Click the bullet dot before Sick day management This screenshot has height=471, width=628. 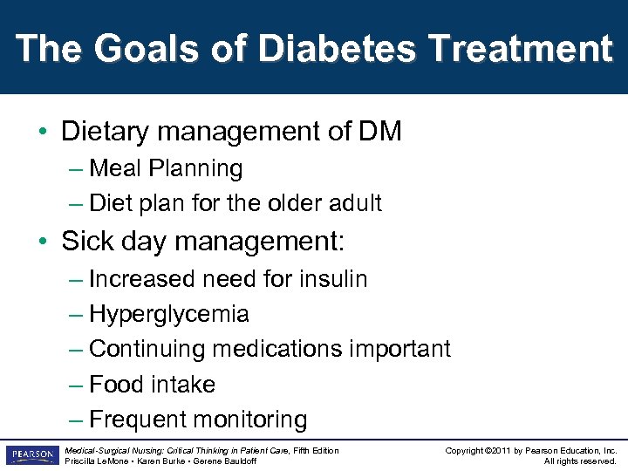pyautogui.click(x=42, y=242)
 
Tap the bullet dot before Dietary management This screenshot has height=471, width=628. pyautogui.click(x=42, y=133)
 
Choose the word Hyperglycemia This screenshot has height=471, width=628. pyautogui.click(x=169, y=314)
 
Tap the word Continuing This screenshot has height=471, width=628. pyautogui.click(x=146, y=349)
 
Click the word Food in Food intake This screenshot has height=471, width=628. pyautogui.click(x=118, y=385)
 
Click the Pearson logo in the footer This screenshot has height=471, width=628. pyautogui.click(x=31, y=454)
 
